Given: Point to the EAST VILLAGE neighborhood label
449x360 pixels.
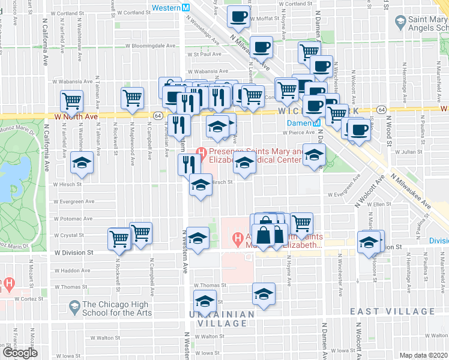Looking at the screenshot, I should click(x=393, y=311).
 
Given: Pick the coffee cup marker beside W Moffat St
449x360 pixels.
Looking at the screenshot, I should click(x=238, y=16).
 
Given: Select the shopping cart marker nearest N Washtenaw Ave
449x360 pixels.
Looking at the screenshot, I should click(x=71, y=100).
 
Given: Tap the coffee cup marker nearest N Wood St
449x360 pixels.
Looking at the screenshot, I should click(x=359, y=129).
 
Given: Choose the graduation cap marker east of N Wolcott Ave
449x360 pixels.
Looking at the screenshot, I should click(x=369, y=242).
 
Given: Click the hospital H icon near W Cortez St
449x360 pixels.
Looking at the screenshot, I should click(x=9, y=282).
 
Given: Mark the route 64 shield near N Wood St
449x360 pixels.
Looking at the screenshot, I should click(x=382, y=110).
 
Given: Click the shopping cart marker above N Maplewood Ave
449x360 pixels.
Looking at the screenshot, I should click(x=132, y=97).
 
